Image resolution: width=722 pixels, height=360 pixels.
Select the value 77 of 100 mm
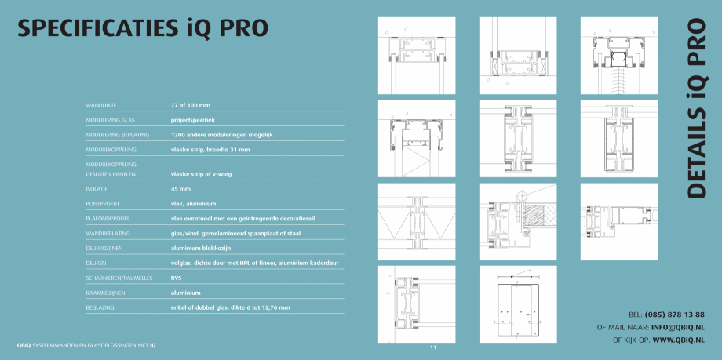[191, 104]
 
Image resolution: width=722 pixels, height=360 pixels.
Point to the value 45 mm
[180, 189]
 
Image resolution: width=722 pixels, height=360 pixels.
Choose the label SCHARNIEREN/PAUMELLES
[118, 278]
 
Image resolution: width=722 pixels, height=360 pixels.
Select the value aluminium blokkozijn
[206, 248]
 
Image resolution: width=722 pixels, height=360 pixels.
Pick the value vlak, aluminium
[193, 204]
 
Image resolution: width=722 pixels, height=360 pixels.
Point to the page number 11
[432, 346]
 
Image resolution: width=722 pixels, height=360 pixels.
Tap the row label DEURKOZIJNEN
[106, 248]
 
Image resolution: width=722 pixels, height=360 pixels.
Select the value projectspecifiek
[193, 120]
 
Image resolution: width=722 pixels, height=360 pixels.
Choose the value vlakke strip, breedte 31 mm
[210, 149]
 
